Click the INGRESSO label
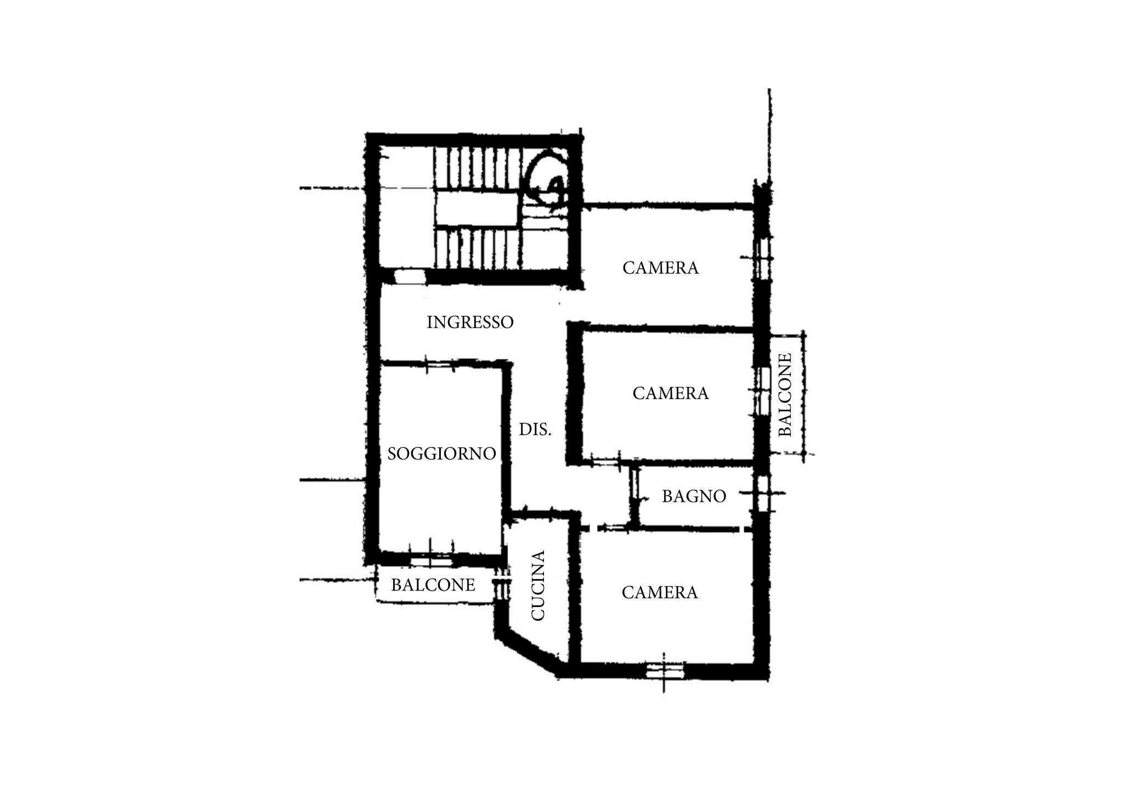click(470, 322)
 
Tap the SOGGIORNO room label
click(441, 453)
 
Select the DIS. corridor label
click(535, 429)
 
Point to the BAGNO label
click(694, 496)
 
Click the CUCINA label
click(538, 586)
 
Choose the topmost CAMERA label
click(661, 268)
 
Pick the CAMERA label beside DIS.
click(671, 393)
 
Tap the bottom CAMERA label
click(660, 592)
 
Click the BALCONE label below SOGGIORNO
click(433, 585)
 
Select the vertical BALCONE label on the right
click(785, 395)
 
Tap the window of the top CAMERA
click(761, 258)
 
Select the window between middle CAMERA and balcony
click(762, 390)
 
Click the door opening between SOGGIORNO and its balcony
click(432, 560)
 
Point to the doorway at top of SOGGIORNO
click(440, 363)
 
